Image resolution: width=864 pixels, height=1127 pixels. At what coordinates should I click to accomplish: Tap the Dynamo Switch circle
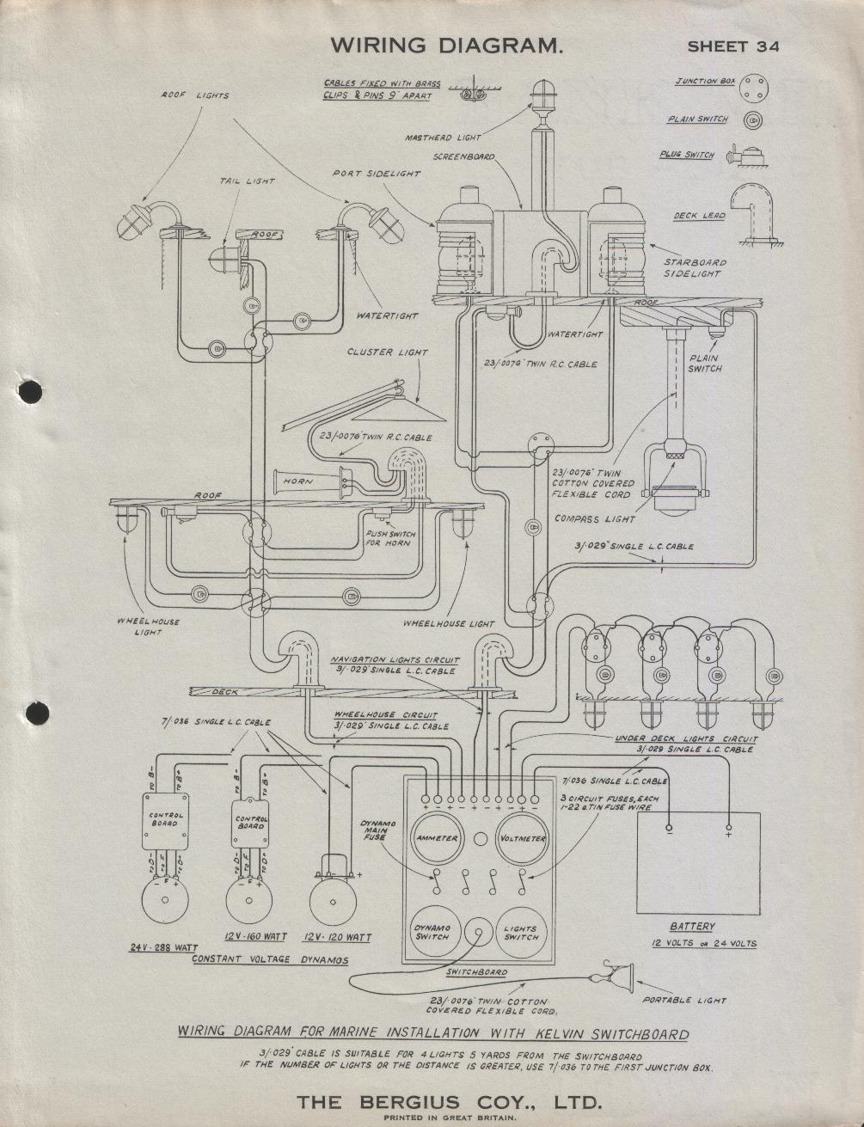433,933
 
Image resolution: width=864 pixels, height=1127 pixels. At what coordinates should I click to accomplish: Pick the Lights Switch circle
521,933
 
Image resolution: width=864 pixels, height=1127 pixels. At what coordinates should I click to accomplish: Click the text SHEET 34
733,46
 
